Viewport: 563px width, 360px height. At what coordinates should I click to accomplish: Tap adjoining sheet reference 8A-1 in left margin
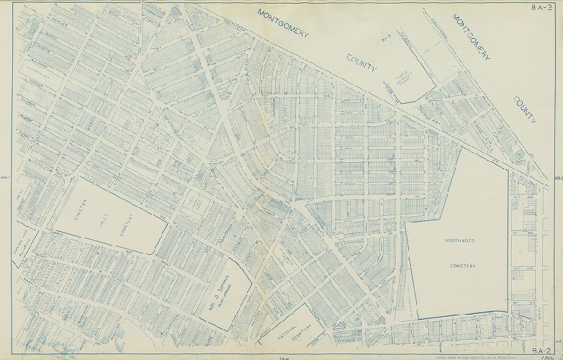coord(5,179)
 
